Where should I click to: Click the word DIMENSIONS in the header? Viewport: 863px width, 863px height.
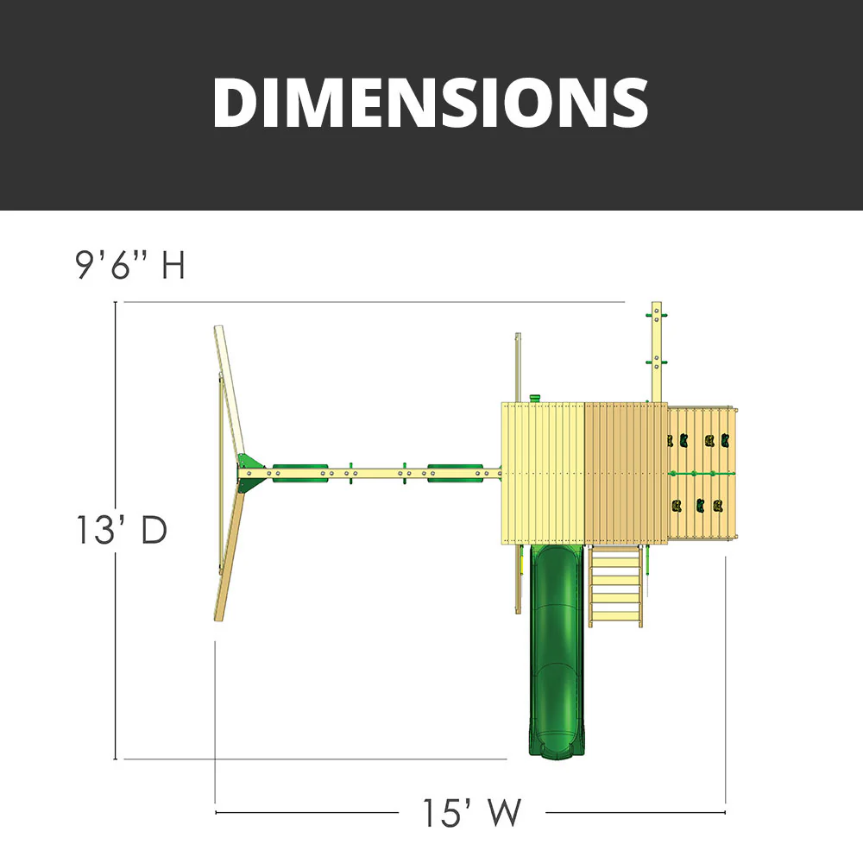coord(430,102)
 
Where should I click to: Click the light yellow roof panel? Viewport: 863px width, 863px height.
coord(544,473)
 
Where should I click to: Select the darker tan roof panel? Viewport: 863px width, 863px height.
coord(627,473)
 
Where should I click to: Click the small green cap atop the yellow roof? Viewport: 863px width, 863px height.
coord(535,397)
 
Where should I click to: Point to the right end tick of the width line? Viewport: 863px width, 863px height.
coord(725,811)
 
